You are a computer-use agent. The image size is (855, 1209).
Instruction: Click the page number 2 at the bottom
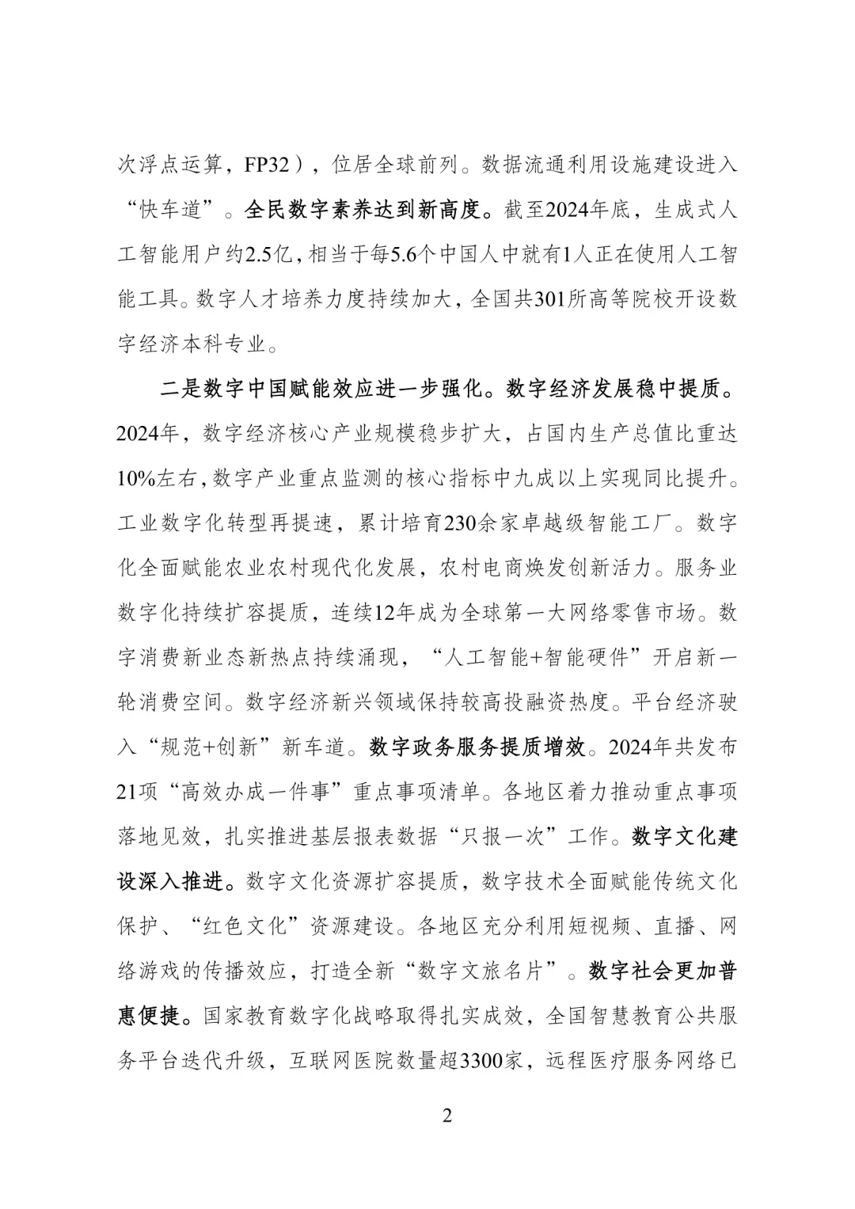(447, 1116)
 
